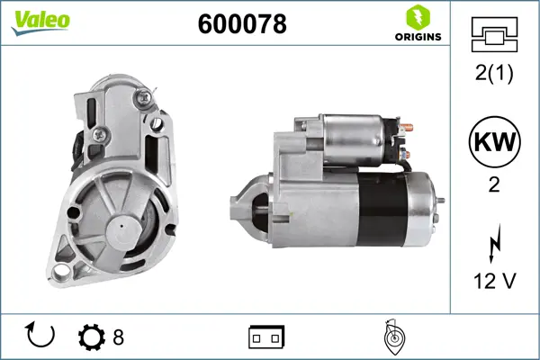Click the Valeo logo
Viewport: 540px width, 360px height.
pyautogui.click(x=40, y=22)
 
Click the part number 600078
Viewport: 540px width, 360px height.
pyautogui.click(x=242, y=24)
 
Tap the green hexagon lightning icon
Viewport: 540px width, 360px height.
pyautogui.click(x=418, y=17)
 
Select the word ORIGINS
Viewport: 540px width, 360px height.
pyautogui.click(x=418, y=37)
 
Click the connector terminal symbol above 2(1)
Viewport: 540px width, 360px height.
pyautogui.click(x=494, y=34)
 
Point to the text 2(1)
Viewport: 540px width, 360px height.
pyautogui.click(x=494, y=73)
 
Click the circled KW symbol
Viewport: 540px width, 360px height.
pyautogui.click(x=494, y=141)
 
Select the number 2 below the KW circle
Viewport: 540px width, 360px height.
pyautogui.click(x=494, y=185)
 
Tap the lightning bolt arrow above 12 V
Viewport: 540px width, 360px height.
pyautogui.click(x=494, y=243)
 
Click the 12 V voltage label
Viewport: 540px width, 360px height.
pyautogui.click(x=495, y=281)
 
